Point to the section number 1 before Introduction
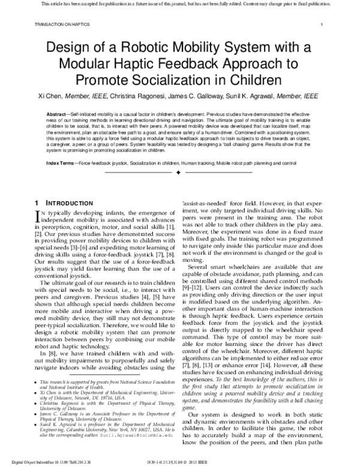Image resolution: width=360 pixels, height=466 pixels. tap(38, 204)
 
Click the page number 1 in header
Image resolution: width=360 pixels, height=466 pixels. tap(322, 25)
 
